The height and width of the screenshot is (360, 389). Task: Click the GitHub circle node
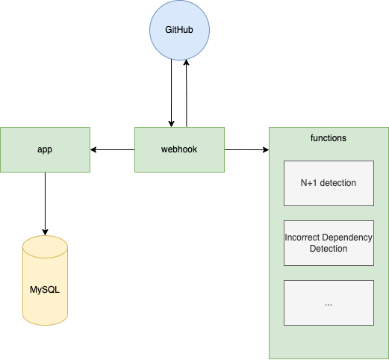coord(179,30)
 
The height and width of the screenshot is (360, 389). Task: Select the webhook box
coord(179,149)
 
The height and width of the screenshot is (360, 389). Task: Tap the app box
coord(45,149)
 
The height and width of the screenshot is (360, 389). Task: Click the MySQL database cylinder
coord(45,280)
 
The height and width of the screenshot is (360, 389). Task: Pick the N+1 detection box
coord(329,183)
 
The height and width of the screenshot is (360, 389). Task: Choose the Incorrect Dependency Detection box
coord(329,243)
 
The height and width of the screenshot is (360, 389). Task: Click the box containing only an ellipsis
coord(329,302)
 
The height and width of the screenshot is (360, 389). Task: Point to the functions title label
coord(329,138)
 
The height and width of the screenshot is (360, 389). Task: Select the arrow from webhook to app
coord(113,149)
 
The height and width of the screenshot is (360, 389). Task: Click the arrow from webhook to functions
coord(246,149)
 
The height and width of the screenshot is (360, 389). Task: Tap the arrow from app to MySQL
coord(45,204)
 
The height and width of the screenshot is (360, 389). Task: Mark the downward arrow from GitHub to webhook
coord(171,93)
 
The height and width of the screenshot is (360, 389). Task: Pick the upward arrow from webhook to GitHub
coord(187,93)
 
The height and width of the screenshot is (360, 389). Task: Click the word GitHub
coord(179,30)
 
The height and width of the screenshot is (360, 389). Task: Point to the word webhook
coord(179,149)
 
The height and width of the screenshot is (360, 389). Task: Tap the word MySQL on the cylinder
coord(45,290)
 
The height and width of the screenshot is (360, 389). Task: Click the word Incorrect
coord(302,238)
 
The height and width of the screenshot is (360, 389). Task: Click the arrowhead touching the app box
coord(93,149)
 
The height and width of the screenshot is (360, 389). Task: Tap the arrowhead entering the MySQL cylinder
coord(45,232)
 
